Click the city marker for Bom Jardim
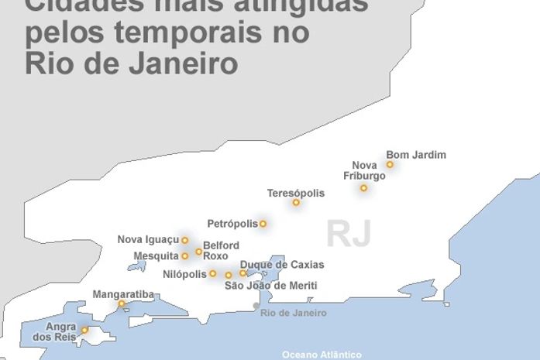click(390, 164)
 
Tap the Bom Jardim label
click(416, 155)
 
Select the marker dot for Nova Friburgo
click(363, 188)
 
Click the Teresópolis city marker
click(296, 202)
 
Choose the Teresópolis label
click(296, 193)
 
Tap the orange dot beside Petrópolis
click(263, 224)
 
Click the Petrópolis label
click(232, 224)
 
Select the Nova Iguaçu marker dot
click(184, 240)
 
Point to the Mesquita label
click(156, 255)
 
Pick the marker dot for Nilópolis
click(212, 273)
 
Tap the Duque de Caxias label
click(282, 265)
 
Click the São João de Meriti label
click(270, 286)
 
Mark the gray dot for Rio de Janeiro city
click(256, 306)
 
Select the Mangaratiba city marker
click(122, 303)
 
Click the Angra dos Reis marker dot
click(84, 330)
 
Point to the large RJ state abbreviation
click(349, 233)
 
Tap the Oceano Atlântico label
click(322, 355)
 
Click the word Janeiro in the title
click(178, 63)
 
